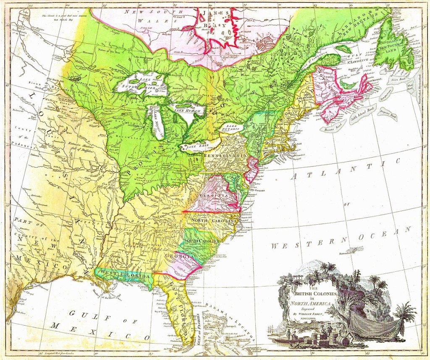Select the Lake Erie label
coord(197,146)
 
